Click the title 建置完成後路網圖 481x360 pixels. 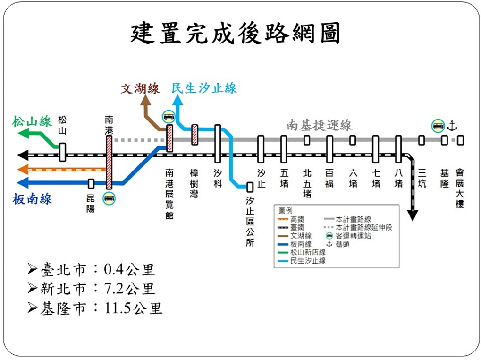[235, 33]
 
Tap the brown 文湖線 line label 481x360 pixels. [141, 89]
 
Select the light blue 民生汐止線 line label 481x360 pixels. [204, 88]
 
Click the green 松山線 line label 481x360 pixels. [32, 121]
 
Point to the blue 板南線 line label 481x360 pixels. [32, 199]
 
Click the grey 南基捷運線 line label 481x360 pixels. [320, 125]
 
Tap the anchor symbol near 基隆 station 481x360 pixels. [452, 126]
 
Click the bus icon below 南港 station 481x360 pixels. [109, 198]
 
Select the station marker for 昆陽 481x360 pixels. [91, 183]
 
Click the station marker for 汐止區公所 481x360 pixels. [250, 187]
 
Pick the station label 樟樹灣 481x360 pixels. [194, 183]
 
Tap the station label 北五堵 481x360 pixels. [307, 183]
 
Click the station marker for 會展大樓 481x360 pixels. [460, 140]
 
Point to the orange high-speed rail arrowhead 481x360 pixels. [23, 169]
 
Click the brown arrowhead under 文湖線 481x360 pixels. [146, 100]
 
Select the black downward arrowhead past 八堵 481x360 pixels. [413, 215]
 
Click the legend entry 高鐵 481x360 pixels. [290, 219]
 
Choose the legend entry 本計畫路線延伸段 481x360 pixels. [358, 227]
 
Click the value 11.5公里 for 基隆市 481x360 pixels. [133, 308]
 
